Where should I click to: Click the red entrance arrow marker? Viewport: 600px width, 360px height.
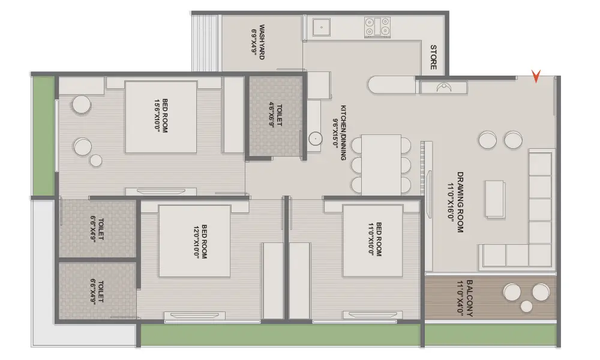pyautogui.click(x=536, y=76)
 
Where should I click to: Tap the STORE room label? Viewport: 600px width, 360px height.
pyautogui.click(x=433, y=57)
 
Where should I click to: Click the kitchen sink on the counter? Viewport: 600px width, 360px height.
pyautogui.click(x=322, y=27)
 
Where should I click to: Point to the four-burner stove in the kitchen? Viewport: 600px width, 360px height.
pyautogui.click(x=377, y=27)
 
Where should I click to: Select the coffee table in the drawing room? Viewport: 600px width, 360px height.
pyautogui.click(x=496, y=199)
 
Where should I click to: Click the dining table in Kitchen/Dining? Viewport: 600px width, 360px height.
pyautogui.click(x=381, y=165)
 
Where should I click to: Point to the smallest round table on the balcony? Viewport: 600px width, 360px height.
pyautogui.click(x=527, y=306)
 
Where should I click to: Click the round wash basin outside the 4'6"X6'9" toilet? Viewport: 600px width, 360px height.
pyautogui.click(x=316, y=139)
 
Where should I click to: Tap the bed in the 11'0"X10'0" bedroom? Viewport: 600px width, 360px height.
pyautogui.click(x=373, y=241)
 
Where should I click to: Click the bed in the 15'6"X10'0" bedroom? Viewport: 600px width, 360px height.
pyautogui.click(x=161, y=117)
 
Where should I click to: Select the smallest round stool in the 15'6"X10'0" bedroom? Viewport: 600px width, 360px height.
pyautogui.click(x=95, y=161)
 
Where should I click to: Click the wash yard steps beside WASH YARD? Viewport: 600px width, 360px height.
pyautogui.click(x=206, y=43)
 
